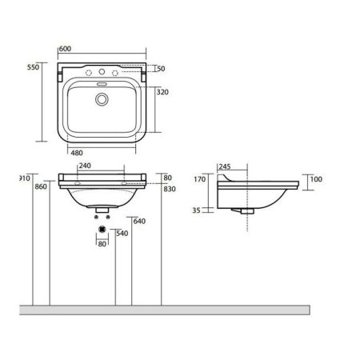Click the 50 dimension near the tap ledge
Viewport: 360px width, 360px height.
click(161, 70)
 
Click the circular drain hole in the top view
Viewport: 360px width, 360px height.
click(102, 99)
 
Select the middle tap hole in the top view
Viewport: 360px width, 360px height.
click(102, 74)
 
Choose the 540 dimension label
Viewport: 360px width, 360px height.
click(122, 233)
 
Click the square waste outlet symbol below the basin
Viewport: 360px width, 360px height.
click(101, 229)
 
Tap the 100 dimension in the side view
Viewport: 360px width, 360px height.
click(315, 179)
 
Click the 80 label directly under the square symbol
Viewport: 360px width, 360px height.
click(101, 244)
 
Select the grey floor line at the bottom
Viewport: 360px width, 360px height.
click(180, 307)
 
